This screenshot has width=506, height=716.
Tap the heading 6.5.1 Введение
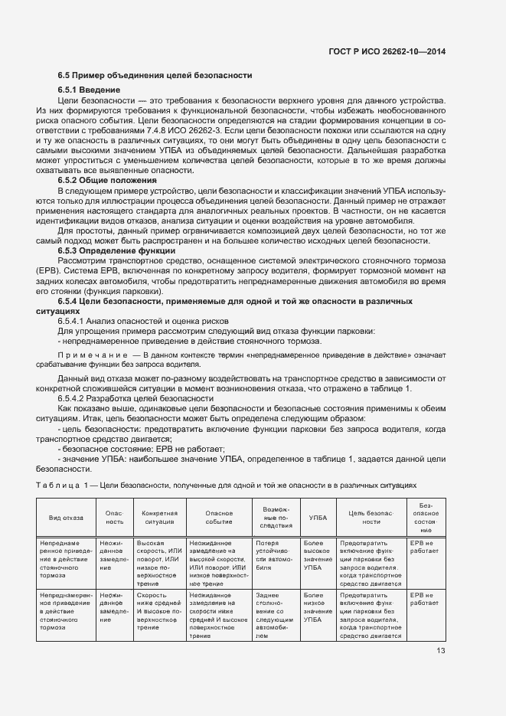(x=89, y=90)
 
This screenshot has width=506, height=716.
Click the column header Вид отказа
(x=65, y=518)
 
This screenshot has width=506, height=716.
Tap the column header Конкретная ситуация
(x=156, y=518)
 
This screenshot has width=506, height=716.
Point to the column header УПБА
(x=317, y=518)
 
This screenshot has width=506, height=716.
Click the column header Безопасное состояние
(x=425, y=518)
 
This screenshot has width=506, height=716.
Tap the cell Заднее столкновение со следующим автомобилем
(x=273, y=615)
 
